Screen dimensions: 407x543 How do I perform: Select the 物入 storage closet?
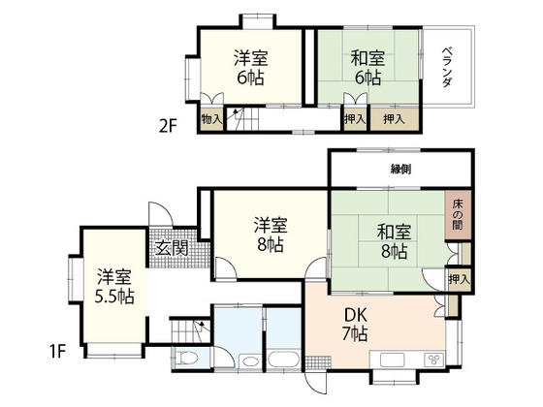(210, 119)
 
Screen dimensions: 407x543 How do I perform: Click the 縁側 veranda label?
(400, 169)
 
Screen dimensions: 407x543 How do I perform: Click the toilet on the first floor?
(191, 360)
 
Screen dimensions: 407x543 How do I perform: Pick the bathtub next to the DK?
(282, 360)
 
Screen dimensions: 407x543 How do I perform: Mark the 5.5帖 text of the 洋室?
(114, 297)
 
